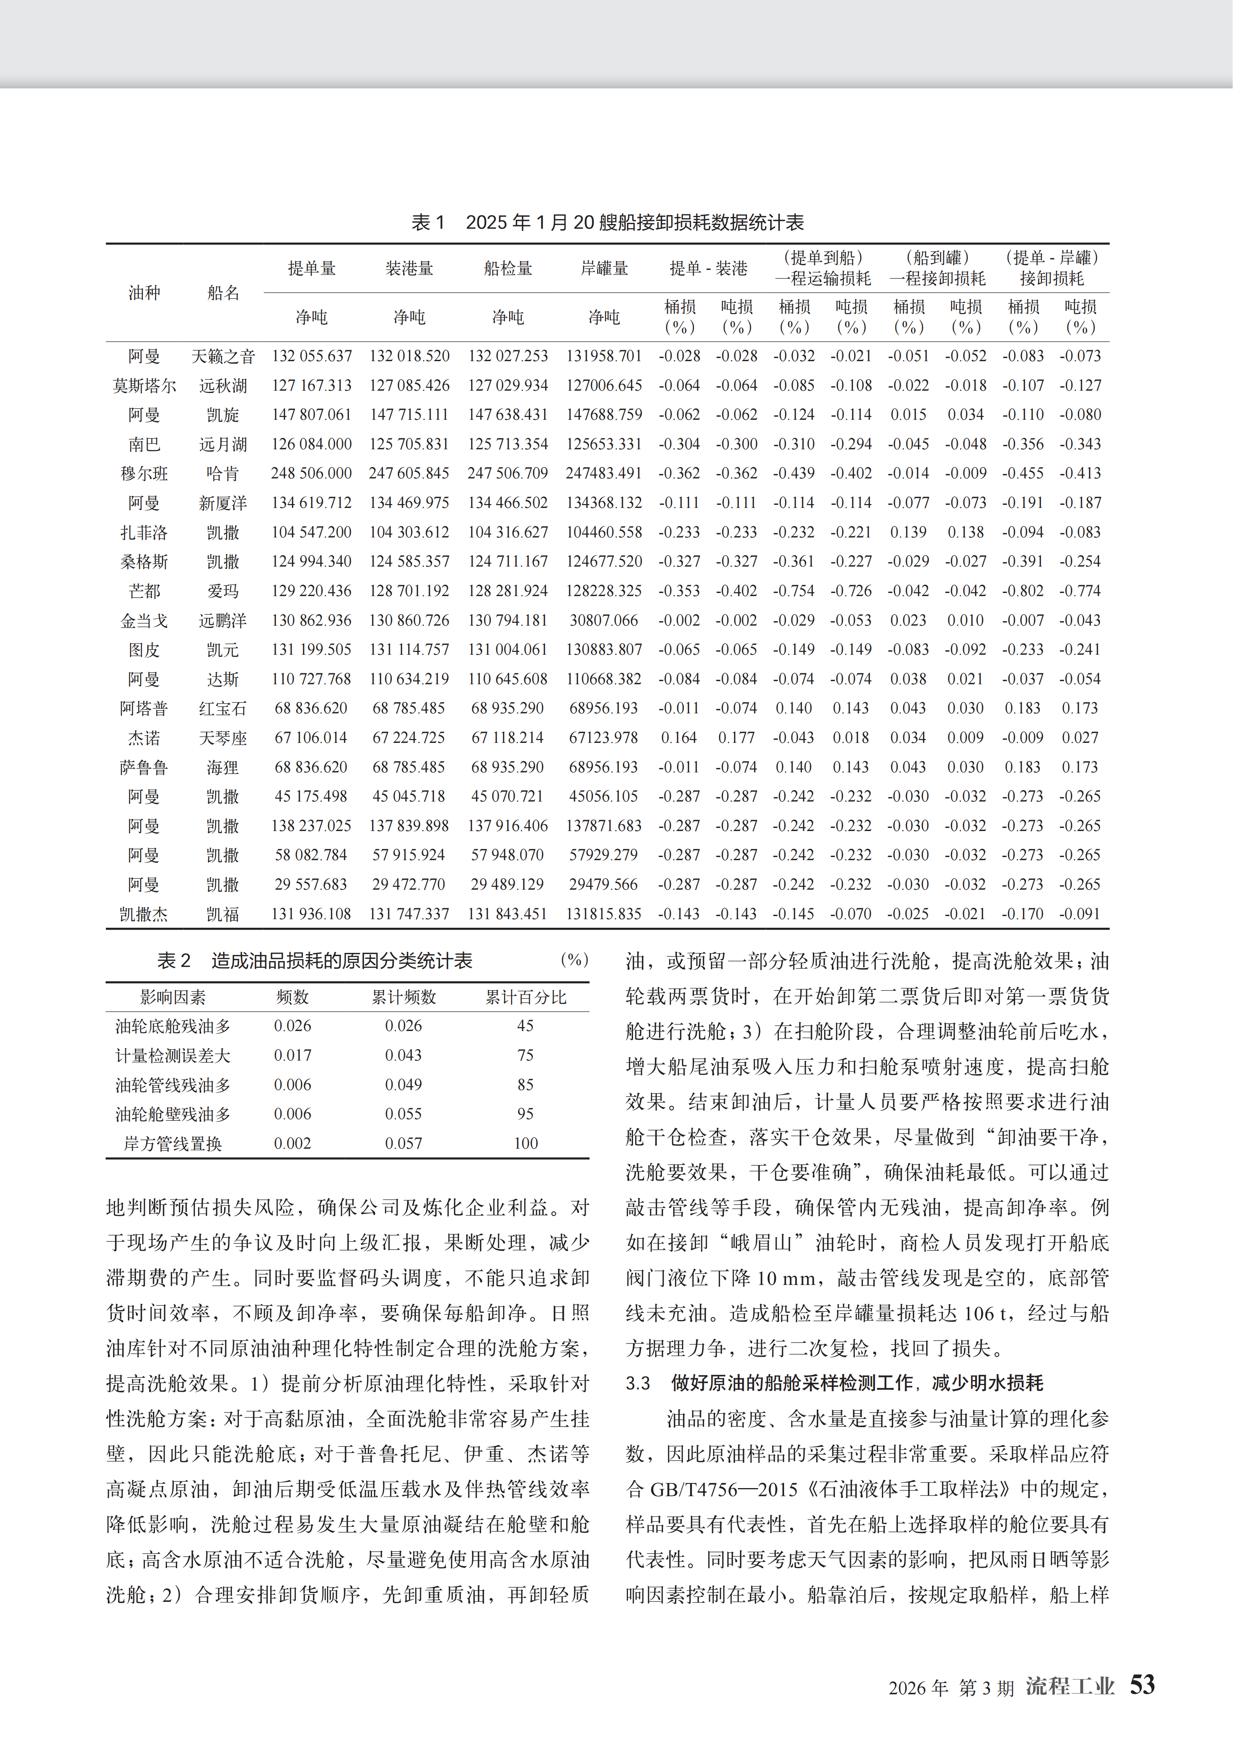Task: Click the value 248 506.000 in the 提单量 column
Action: [x=311, y=473]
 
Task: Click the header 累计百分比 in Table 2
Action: [x=526, y=997]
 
